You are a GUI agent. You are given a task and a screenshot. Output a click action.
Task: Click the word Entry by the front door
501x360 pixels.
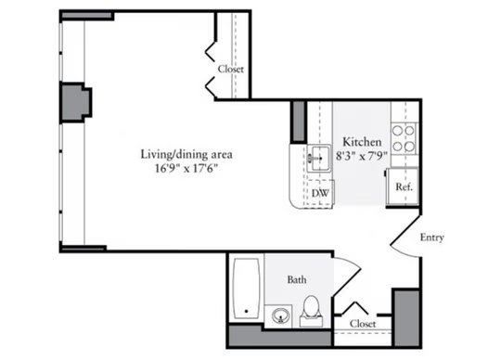(431, 238)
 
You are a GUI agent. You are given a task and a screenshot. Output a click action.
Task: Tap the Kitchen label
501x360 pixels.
(362, 142)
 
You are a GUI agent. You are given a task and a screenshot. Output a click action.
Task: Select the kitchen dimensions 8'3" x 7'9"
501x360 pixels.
(362, 156)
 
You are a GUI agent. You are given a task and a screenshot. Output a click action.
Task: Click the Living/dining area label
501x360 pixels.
(186, 155)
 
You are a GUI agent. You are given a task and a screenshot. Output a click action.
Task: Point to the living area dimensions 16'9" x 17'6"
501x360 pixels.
(186, 168)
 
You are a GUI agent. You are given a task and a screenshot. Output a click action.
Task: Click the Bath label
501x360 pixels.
(297, 280)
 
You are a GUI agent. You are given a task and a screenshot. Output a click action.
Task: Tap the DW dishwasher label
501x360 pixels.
(320, 193)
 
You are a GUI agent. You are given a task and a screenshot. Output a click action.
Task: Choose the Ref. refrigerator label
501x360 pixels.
(404, 186)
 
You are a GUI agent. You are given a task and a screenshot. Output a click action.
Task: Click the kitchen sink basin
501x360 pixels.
(320, 159)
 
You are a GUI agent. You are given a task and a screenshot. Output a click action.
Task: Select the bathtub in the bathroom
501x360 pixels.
(247, 289)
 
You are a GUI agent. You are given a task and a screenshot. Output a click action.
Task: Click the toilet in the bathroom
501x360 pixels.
(311, 311)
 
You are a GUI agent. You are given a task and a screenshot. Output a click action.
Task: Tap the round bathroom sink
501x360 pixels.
(281, 315)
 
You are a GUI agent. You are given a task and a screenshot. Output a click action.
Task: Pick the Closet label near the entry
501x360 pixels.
(363, 324)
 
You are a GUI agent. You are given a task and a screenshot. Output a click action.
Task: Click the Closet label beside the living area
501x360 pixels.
(231, 69)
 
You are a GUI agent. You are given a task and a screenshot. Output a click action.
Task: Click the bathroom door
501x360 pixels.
(347, 277)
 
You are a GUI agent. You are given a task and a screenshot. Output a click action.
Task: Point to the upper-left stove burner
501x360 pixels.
(397, 131)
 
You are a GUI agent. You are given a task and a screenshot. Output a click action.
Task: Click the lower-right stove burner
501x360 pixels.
(409, 147)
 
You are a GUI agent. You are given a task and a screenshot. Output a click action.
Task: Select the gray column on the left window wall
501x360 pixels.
(76, 102)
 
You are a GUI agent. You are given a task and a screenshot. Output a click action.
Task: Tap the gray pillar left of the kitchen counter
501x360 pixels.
(299, 122)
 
